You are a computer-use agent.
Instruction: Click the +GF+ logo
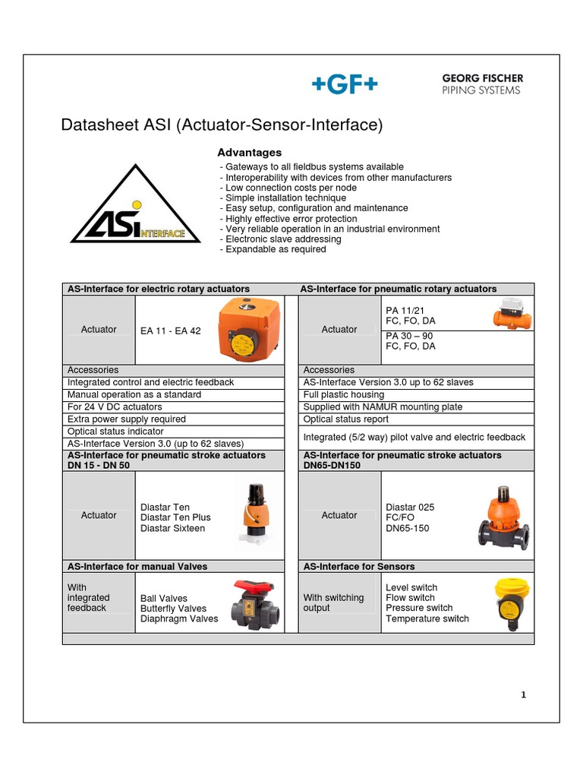pos(344,85)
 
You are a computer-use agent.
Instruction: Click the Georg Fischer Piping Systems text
pos(482,84)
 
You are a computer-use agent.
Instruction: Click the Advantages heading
pos(250,153)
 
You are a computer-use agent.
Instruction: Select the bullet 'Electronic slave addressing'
pos(280,239)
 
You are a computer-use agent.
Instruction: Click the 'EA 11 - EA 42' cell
pos(171,330)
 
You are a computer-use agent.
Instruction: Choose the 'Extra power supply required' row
pos(127,419)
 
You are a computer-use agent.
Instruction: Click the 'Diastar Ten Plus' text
pos(176,517)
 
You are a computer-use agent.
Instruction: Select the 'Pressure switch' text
pos(419,608)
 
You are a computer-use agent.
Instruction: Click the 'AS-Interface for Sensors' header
pos(359,566)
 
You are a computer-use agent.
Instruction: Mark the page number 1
pos(523,694)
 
